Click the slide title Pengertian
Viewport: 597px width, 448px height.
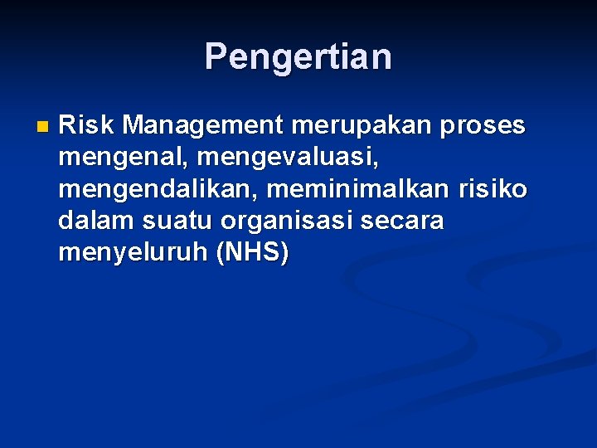click(298, 57)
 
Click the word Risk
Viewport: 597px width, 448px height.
click(87, 125)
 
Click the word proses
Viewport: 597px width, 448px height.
click(483, 126)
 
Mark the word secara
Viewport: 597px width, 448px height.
click(404, 222)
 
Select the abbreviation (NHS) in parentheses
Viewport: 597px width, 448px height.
click(252, 253)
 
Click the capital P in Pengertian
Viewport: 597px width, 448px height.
click(216, 56)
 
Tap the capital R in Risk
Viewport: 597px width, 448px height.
click(67, 125)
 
